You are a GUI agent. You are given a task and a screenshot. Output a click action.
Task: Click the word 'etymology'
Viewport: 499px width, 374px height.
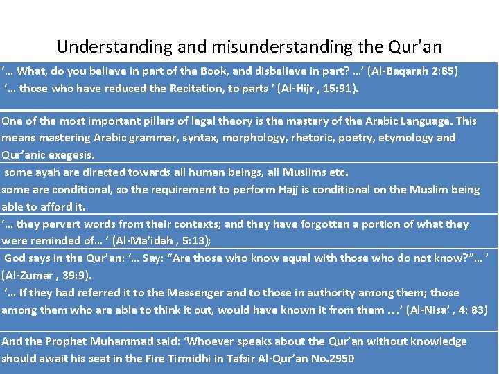[409, 137]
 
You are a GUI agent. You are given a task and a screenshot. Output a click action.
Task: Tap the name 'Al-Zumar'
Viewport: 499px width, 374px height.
[26, 275]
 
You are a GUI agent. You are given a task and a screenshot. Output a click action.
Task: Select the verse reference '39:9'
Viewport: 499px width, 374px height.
[74, 275]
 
